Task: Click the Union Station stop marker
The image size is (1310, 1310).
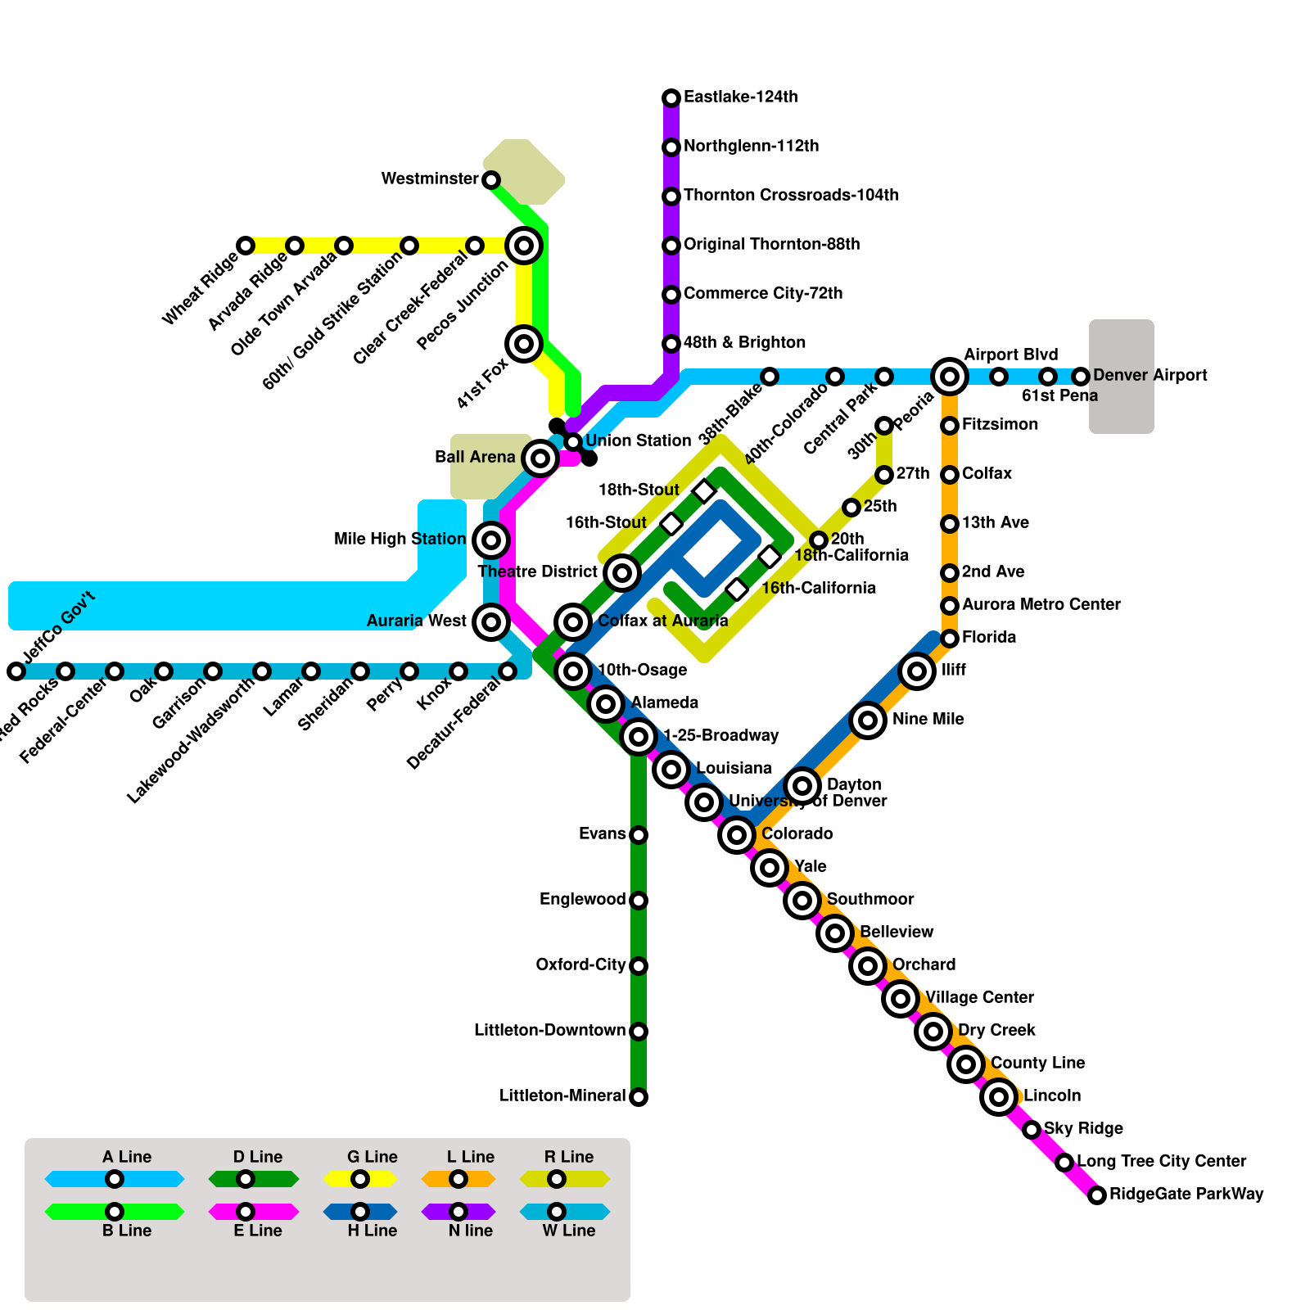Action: pos(573,442)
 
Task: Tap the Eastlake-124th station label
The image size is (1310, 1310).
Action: pos(740,97)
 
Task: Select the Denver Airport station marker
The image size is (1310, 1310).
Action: pos(1081,377)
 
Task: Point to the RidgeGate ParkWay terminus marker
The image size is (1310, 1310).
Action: pos(1097,1195)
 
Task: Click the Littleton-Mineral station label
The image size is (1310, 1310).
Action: pos(562,1096)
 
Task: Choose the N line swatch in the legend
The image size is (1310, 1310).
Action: pos(458,1212)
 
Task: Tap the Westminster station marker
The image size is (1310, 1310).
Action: pos(491,180)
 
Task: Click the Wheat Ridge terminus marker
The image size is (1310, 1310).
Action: pos(246,246)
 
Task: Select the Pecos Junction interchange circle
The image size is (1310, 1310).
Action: pos(524,246)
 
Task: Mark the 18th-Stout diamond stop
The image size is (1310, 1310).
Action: pos(704,491)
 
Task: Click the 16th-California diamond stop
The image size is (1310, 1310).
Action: pos(737,589)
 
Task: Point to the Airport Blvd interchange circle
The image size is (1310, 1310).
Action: pos(950,377)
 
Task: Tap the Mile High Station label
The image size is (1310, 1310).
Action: pos(400,540)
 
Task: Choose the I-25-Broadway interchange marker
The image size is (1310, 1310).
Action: pos(639,737)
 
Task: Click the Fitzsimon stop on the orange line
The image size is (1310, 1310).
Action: pos(950,426)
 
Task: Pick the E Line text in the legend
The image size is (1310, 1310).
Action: pos(257,1231)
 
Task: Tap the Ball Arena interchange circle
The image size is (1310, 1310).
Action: pos(540,458)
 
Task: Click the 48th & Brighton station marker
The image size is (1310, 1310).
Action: pos(671,344)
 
